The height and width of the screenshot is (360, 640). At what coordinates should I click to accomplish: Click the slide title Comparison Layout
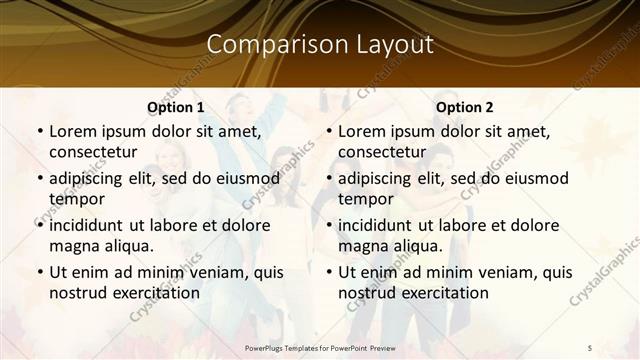(x=320, y=44)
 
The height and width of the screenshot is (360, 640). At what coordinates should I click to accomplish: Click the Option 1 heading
(x=176, y=107)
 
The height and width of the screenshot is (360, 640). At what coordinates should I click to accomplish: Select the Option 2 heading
(x=465, y=107)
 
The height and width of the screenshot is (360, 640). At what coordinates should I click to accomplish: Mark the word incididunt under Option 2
(x=380, y=224)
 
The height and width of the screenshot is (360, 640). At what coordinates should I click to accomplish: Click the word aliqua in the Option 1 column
(x=126, y=246)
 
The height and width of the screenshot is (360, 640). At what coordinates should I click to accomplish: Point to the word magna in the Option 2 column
(x=361, y=246)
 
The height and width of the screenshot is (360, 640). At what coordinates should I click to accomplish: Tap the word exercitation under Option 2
(x=439, y=293)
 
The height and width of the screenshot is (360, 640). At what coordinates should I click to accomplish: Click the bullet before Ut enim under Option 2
(x=329, y=272)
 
